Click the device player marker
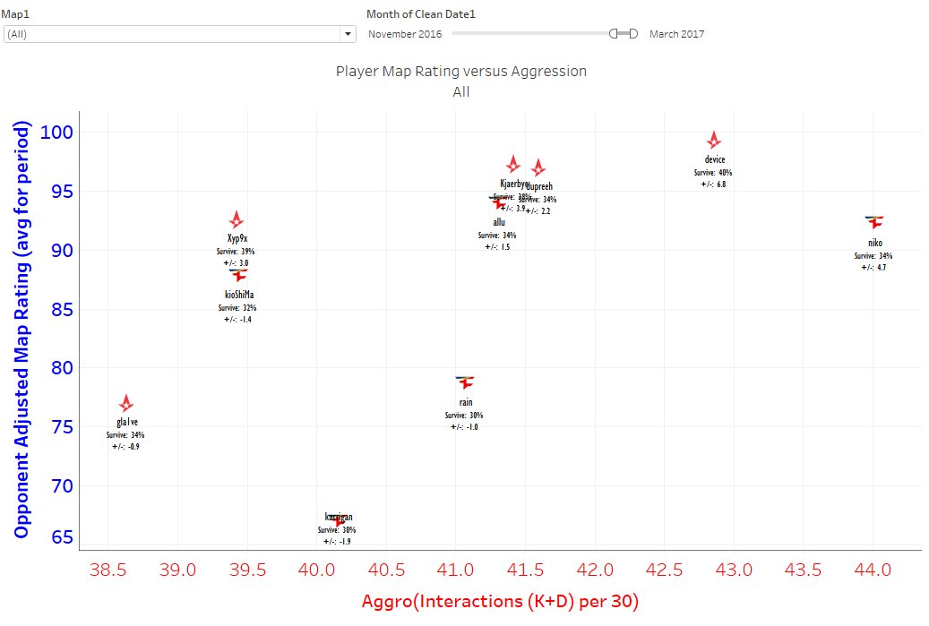tap(713, 140)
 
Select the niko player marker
tap(874, 221)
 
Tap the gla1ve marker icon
tap(126, 403)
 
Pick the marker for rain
tap(464, 382)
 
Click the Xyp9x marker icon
tap(236, 219)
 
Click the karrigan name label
tap(339, 517)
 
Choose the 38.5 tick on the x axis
tap(108, 570)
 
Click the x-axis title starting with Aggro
tap(500, 602)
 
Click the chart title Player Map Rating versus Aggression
tap(460, 71)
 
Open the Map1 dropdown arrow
tap(348, 34)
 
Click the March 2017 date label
tap(676, 34)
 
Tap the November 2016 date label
tap(405, 34)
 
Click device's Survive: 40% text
tap(712, 172)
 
